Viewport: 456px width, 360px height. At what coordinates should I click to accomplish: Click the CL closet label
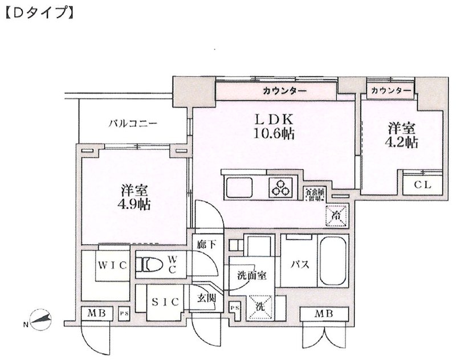(x=422, y=185)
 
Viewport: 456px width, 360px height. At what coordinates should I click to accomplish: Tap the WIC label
(x=108, y=265)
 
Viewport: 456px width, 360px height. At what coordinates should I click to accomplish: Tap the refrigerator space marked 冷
(x=336, y=215)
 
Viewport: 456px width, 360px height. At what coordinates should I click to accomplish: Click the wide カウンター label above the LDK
(x=285, y=91)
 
